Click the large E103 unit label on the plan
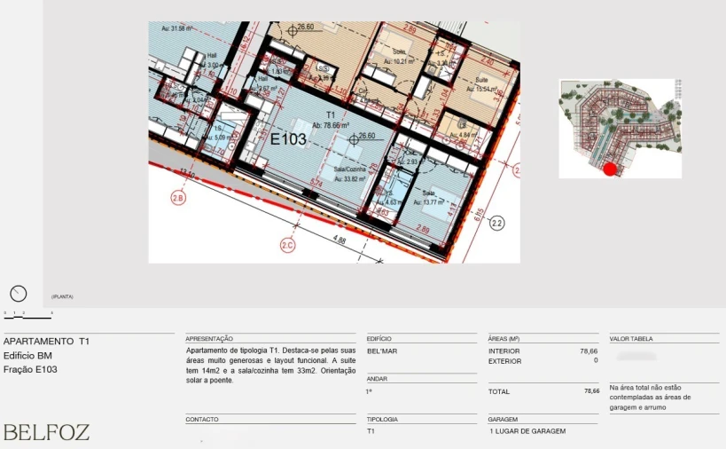click(x=288, y=139)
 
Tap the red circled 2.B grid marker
click(x=178, y=198)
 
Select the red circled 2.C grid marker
click(x=287, y=245)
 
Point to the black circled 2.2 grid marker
click(x=496, y=224)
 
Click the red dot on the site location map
click(x=609, y=169)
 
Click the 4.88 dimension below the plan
click(x=340, y=240)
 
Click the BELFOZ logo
click(x=47, y=433)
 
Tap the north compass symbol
click(x=18, y=294)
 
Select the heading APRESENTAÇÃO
click(x=209, y=339)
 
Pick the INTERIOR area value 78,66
click(x=589, y=351)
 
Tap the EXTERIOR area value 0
click(x=596, y=361)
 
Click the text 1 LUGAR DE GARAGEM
click(x=527, y=431)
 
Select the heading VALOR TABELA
click(x=631, y=339)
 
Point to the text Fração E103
click(x=31, y=369)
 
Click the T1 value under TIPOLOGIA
click(x=371, y=431)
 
